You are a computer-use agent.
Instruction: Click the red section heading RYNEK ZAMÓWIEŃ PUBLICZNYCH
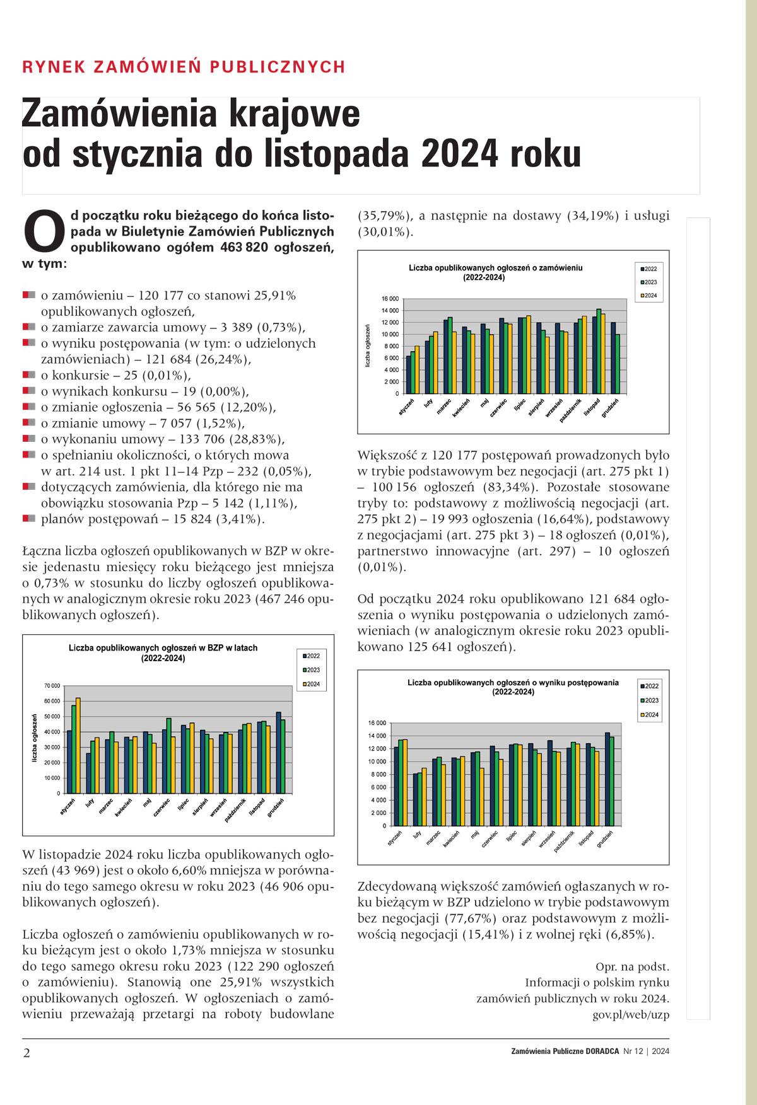coord(184,67)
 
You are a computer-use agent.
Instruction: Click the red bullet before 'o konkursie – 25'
coord(28,375)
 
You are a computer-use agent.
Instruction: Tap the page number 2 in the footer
coord(26,1053)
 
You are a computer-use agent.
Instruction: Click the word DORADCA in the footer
coord(602,1051)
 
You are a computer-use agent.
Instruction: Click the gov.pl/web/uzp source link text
coord(630,1015)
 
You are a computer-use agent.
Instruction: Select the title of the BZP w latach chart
coord(163,653)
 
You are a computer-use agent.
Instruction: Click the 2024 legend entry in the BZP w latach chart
coord(311,685)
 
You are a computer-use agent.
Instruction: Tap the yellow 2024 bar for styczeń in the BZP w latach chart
coord(78,746)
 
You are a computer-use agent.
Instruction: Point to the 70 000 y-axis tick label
coord(52,686)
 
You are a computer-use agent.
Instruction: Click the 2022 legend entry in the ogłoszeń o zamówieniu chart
coord(648,269)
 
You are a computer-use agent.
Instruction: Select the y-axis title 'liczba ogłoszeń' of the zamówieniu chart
coord(368,346)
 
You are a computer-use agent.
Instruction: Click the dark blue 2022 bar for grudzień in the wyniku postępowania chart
coord(607,779)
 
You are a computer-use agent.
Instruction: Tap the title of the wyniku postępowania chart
coord(513,687)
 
